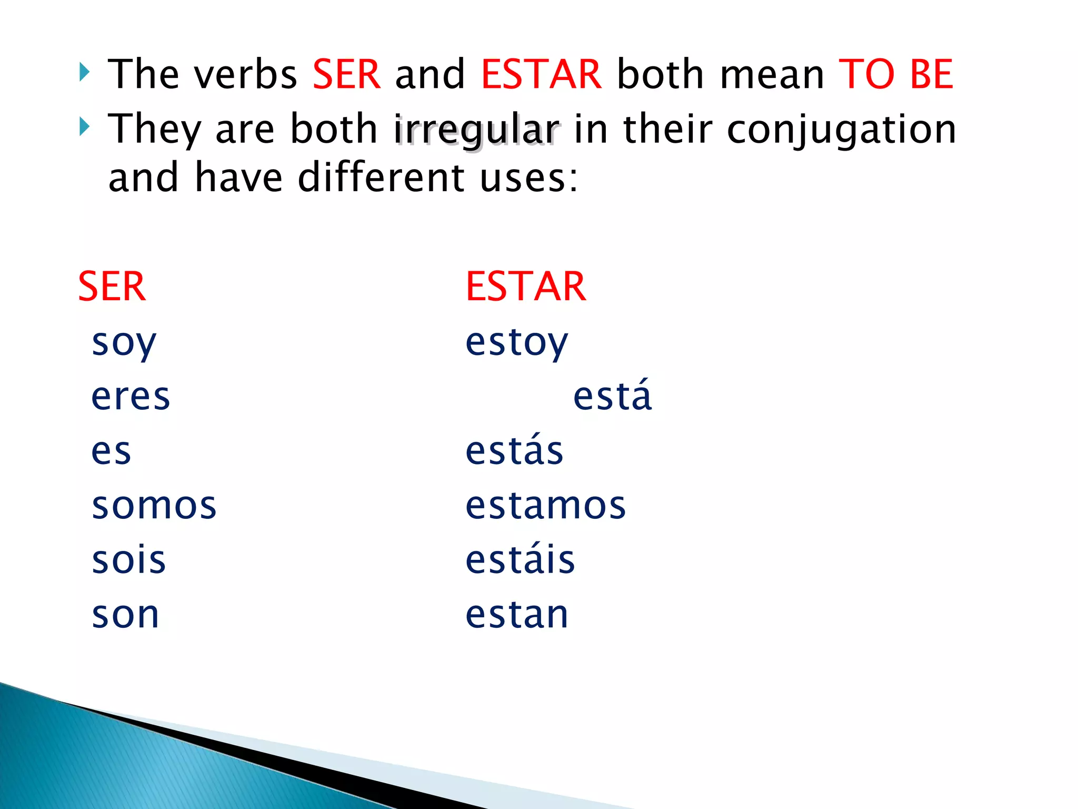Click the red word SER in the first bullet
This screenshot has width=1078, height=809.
point(346,74)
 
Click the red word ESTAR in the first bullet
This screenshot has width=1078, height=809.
point(541,74)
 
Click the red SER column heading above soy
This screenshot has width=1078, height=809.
point(112,287)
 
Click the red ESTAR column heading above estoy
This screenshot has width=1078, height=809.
point(526,287)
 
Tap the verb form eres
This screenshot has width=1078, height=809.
point(131,397)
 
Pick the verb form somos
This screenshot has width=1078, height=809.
point(154,506)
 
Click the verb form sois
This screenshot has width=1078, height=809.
point(129,560)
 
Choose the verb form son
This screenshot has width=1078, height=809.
point(125,615)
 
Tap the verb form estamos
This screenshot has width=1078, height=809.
point(546,506)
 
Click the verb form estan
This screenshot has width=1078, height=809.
point(517,615)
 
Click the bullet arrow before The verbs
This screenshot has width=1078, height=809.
point(84,72)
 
